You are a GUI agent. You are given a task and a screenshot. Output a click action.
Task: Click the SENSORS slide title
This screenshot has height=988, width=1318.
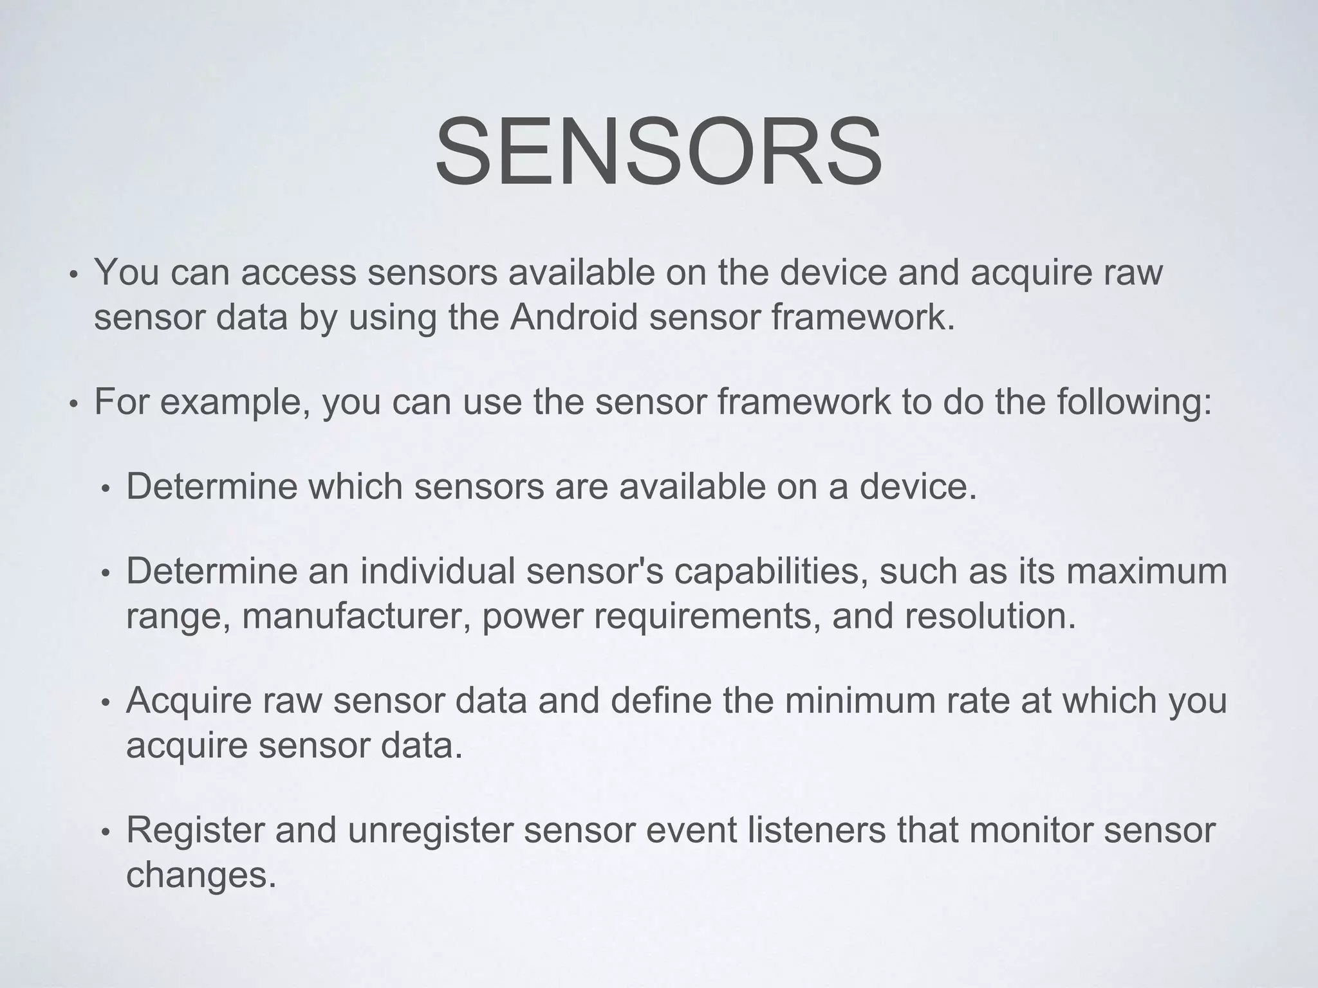[x=658, y=152]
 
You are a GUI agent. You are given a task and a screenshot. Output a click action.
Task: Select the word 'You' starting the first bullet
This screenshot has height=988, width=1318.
[x=127, y=271]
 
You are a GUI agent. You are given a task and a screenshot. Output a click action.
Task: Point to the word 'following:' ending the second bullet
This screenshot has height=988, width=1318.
[x=1135, y=402]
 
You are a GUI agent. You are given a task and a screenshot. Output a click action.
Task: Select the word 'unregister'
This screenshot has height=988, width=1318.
[x=430, y=830]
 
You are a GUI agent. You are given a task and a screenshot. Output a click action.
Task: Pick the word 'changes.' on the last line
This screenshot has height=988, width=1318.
[x=201, y=875]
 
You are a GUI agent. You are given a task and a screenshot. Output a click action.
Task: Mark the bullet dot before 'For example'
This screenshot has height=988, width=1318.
[x=74, y=405]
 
